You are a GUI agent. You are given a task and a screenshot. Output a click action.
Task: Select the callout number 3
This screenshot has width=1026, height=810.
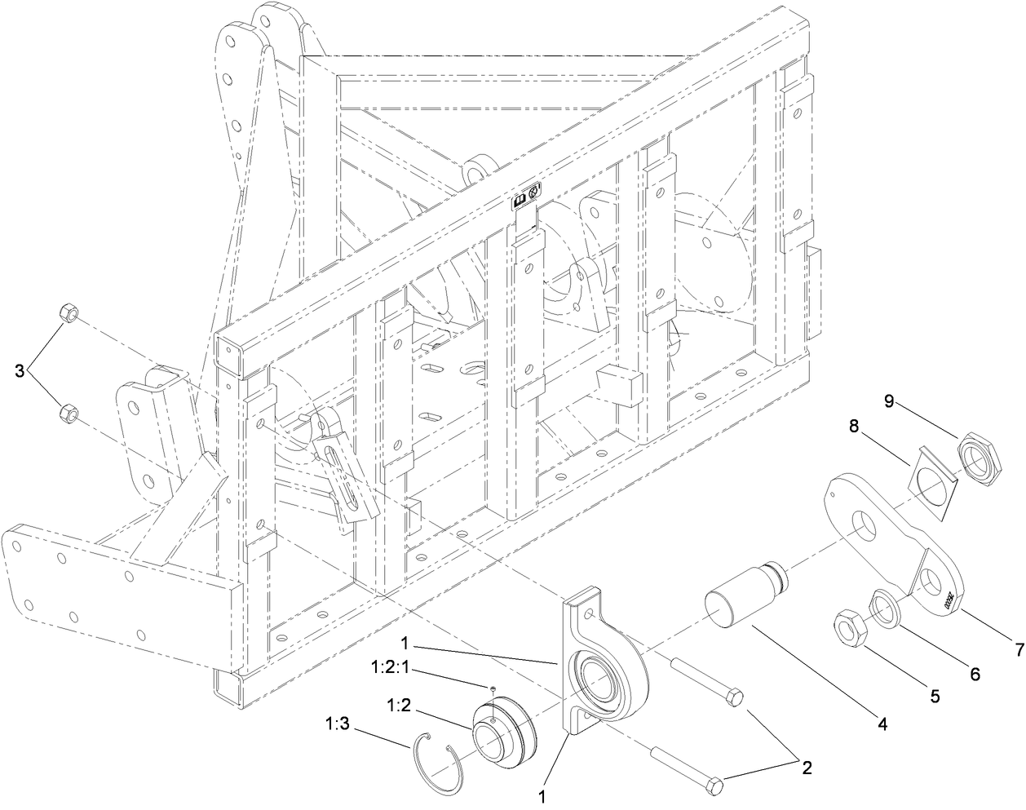click(x=20, y=371)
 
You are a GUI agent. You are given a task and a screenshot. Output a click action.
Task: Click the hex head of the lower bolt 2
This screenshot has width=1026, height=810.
click(x=715, y=786)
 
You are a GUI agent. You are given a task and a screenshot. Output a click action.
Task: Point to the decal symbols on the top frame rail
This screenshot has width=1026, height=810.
click(x=525, y=197)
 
